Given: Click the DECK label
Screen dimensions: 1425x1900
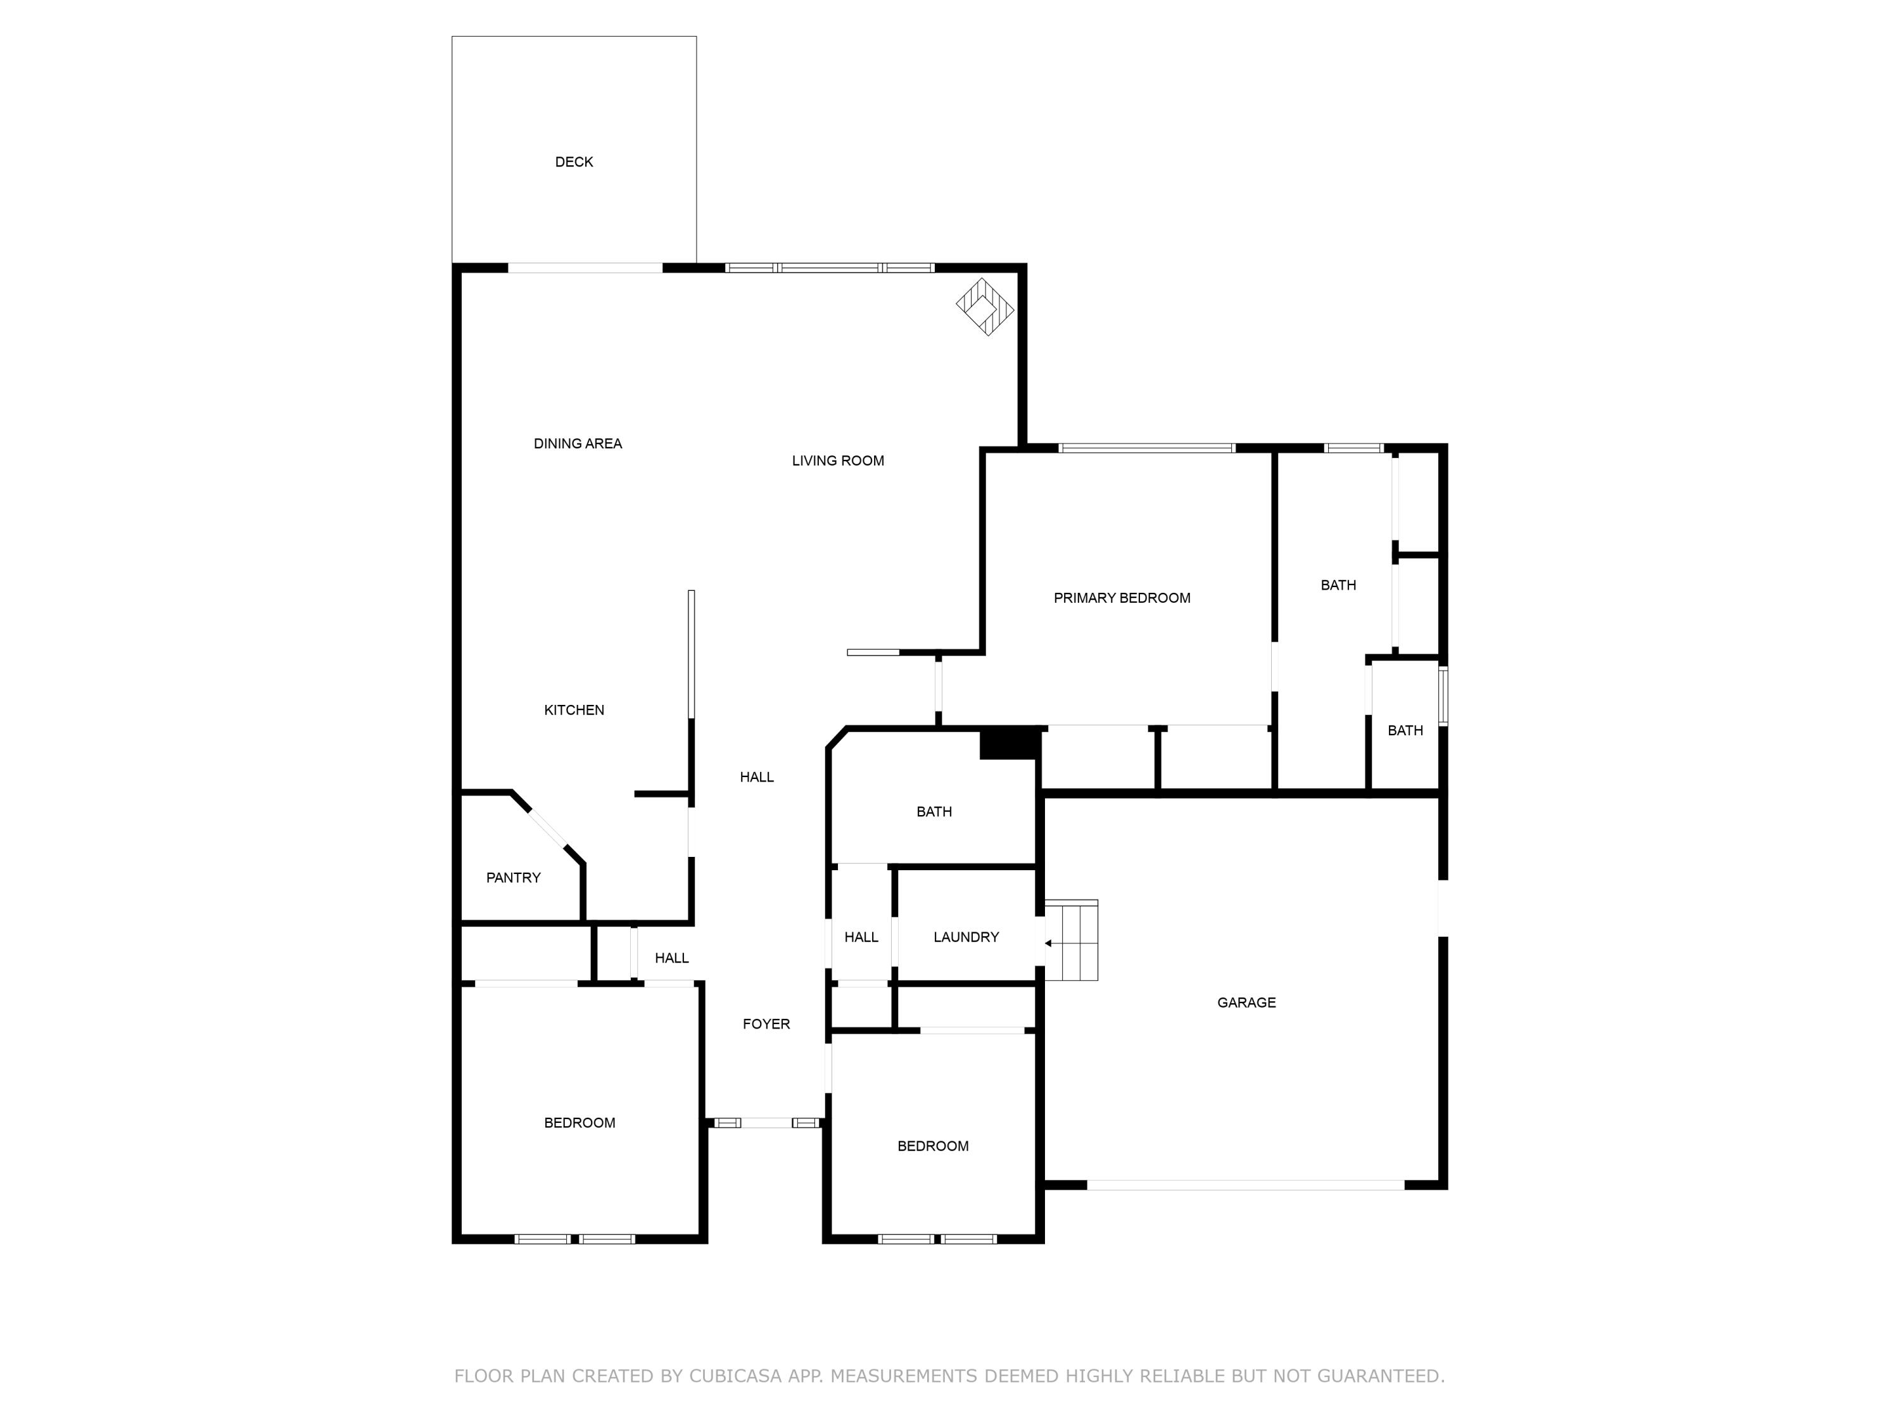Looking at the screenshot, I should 574,161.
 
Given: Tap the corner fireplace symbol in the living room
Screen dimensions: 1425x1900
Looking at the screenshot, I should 985,307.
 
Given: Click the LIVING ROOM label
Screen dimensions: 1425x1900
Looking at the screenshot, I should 837,460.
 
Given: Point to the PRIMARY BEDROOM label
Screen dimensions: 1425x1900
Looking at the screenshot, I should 1122,598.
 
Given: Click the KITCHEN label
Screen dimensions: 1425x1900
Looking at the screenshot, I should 574,709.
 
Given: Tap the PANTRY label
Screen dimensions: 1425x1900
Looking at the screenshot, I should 513,877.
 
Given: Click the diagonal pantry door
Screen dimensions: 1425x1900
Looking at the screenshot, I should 547,829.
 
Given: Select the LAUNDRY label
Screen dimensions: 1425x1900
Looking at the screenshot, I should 965,936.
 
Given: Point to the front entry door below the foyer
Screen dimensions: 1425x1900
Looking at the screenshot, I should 766,1122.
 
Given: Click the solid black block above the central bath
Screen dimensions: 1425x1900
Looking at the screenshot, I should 1010,743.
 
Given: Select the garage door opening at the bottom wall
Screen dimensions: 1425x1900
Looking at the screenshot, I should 1246,1184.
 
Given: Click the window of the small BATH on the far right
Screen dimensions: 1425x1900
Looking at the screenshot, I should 1443,696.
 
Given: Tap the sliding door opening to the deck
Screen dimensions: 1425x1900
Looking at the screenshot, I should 585,268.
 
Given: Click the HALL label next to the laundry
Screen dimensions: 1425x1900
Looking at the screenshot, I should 861,936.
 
